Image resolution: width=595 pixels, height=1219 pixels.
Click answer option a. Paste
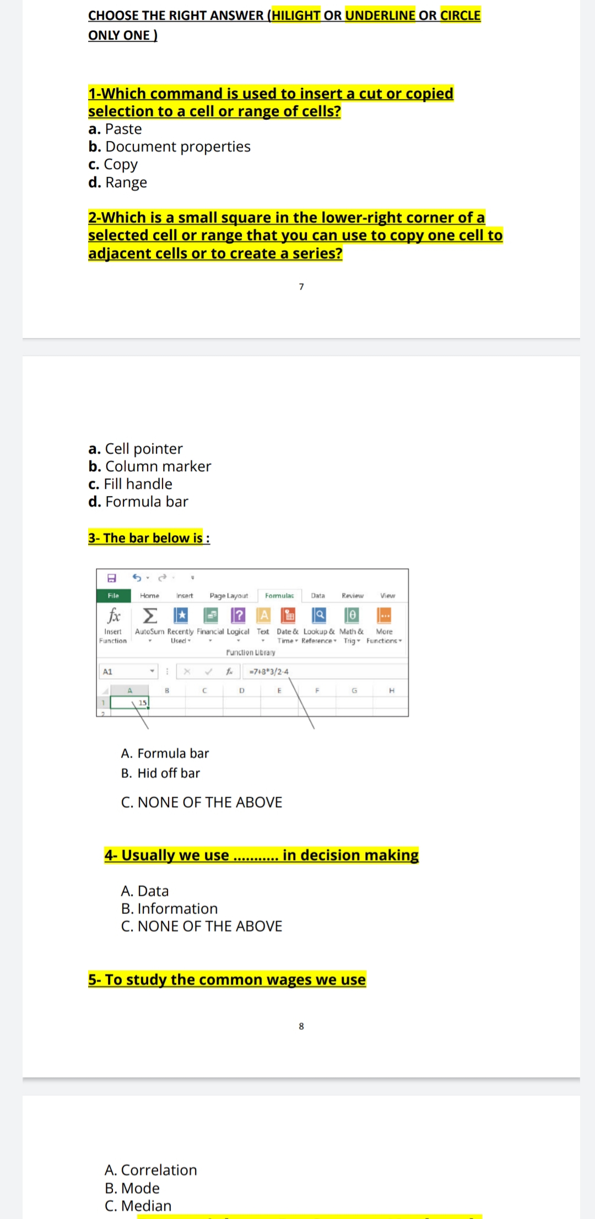[x=115, y=129]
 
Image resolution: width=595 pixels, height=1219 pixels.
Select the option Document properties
[x=169, y=146]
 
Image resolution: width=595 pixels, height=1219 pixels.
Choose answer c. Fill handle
[x=131, y=484]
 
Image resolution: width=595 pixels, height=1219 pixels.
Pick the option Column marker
[x=150, y=466]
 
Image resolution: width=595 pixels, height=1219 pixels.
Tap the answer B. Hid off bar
[x=160, y=773]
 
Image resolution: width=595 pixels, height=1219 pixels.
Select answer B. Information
[x=169, y=908]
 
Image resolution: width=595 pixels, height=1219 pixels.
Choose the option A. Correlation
[x=150, y=1170]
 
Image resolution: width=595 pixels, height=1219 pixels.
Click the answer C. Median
[x=138, y=1206]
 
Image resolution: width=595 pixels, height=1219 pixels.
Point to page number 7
[x=301, y=286]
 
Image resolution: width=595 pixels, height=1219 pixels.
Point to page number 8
[x=301, y=1026]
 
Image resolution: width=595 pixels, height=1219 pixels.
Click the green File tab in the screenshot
[x=113, y=596]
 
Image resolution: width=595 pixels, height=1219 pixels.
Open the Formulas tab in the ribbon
[x=279, y=596]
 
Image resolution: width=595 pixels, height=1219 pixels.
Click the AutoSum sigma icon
[x=150, y=615]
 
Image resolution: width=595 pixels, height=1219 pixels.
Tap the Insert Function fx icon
[x=113, y=615]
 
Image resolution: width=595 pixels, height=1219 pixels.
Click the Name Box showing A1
[x=125, y=672]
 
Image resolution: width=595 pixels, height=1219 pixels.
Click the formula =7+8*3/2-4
[x=269, y=672]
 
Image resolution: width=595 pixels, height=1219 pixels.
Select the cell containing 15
[x=130, y=703]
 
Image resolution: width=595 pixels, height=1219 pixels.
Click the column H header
[x=392, y=690]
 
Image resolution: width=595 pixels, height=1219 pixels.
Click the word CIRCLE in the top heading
[x=460, y=15]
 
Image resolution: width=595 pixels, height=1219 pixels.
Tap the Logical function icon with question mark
[x=238, y=615]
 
